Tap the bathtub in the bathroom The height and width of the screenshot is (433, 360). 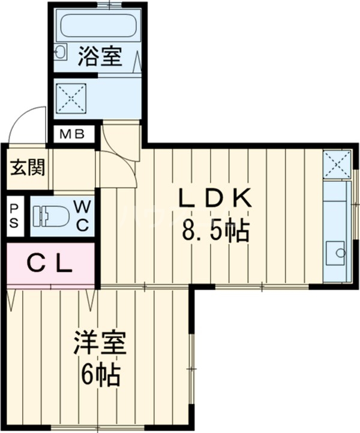[x=99, y=26]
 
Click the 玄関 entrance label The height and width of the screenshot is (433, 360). [x=26, y=167]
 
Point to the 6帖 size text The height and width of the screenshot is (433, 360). [x=100, y=375]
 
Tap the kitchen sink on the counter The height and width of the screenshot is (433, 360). [x=334, y=252]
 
